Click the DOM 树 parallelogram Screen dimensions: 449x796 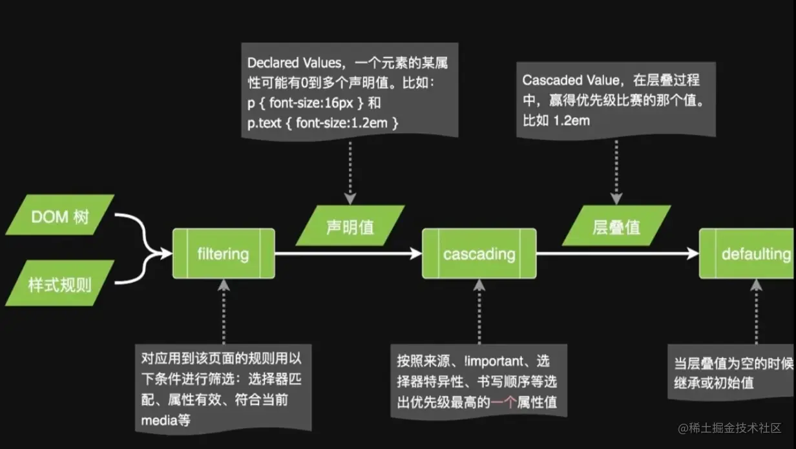(x=59, y=215)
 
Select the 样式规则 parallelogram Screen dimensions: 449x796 (x=59, y=283)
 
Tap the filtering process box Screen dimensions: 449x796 (x=224, y=254)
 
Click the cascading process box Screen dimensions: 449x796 (x=479, y=254)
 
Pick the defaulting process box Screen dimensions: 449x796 (x=748, y=254)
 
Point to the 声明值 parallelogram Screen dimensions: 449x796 (x=350, y=226)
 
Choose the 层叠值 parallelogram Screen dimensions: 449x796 (x=616, y=226)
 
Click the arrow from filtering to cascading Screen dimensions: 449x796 (x=349, y=254)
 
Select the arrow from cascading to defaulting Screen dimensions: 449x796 (x=617, y=254)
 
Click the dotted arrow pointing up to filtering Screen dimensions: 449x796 (x=224, y=310)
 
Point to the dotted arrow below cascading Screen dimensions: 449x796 (x=479, y=310)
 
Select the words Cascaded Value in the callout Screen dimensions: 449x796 (x=560, y=81)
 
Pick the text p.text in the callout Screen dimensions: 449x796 (x=265, y=122)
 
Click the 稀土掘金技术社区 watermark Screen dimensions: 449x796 (x=730, y=428)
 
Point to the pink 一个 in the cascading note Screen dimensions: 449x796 (x=503, y=402)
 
